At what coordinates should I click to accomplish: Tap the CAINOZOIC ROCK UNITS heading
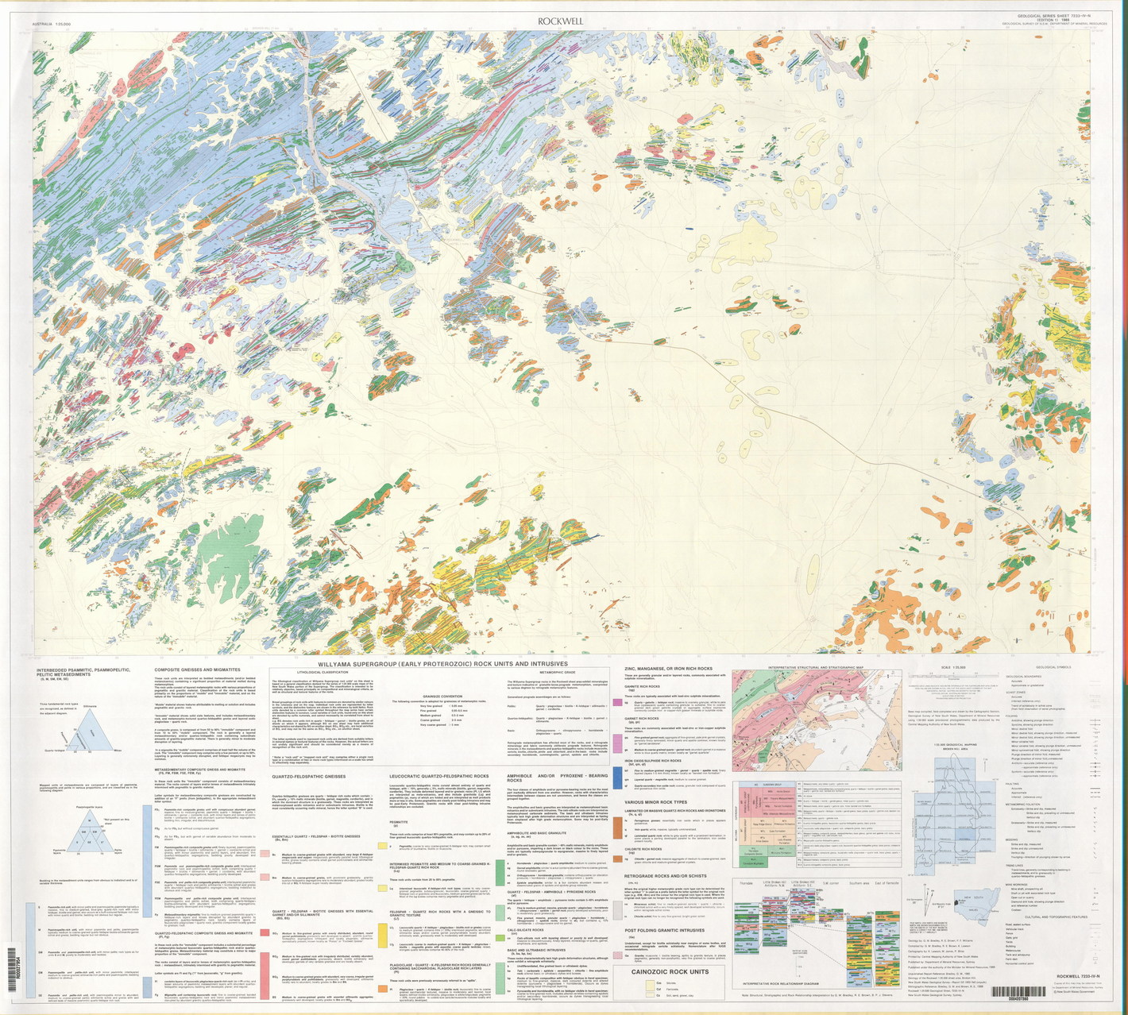pos(669,971)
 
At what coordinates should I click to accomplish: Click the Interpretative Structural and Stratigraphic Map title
pos(814,668)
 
